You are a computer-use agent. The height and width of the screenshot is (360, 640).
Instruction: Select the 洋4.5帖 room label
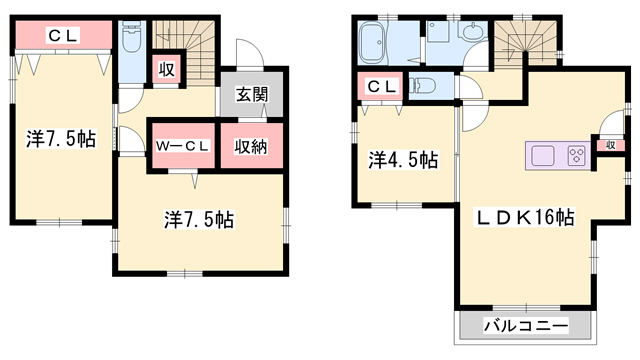point(402,158)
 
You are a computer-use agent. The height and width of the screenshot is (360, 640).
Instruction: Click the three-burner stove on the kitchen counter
point(576,154)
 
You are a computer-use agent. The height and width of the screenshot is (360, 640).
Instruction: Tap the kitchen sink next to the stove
point(543,154)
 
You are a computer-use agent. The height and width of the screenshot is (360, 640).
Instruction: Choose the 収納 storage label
point(250,146)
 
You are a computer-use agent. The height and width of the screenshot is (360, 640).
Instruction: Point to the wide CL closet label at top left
point(62,36)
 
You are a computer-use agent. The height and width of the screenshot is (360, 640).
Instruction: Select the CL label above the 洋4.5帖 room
point(381,87)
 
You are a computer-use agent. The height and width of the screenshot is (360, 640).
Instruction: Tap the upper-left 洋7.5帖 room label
point(61,139)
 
